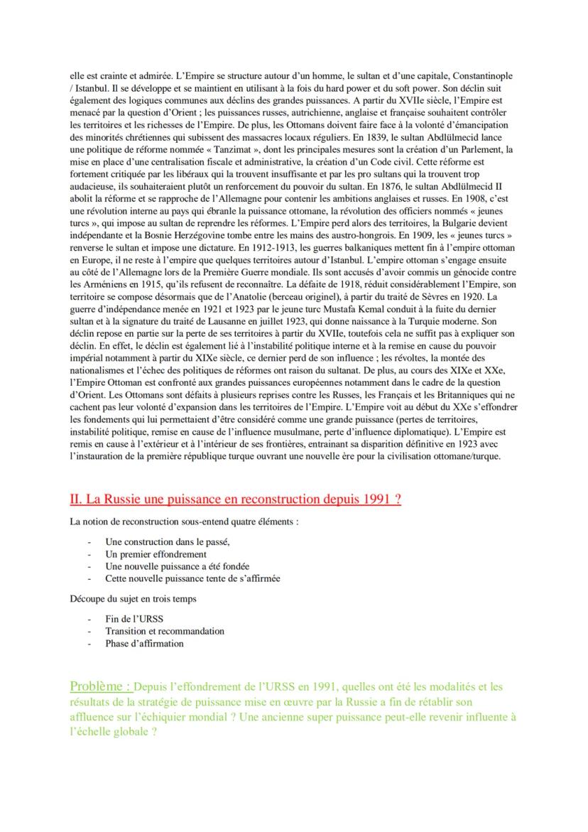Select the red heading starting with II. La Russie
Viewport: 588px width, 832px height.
pyautogui.click(x=236, y=499)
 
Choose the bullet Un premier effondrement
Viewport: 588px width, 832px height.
pyautogui.click(x=156, y=553)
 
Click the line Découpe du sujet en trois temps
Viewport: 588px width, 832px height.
pyautogui.click(x=133, y=599)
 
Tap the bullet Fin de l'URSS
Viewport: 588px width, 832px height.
pyautogui.click(x=134, y=619)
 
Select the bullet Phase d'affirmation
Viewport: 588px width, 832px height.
pyautogui.click(x=144, y=643)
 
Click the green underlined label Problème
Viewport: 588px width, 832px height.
pyautogui.click(x=99, y=686)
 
